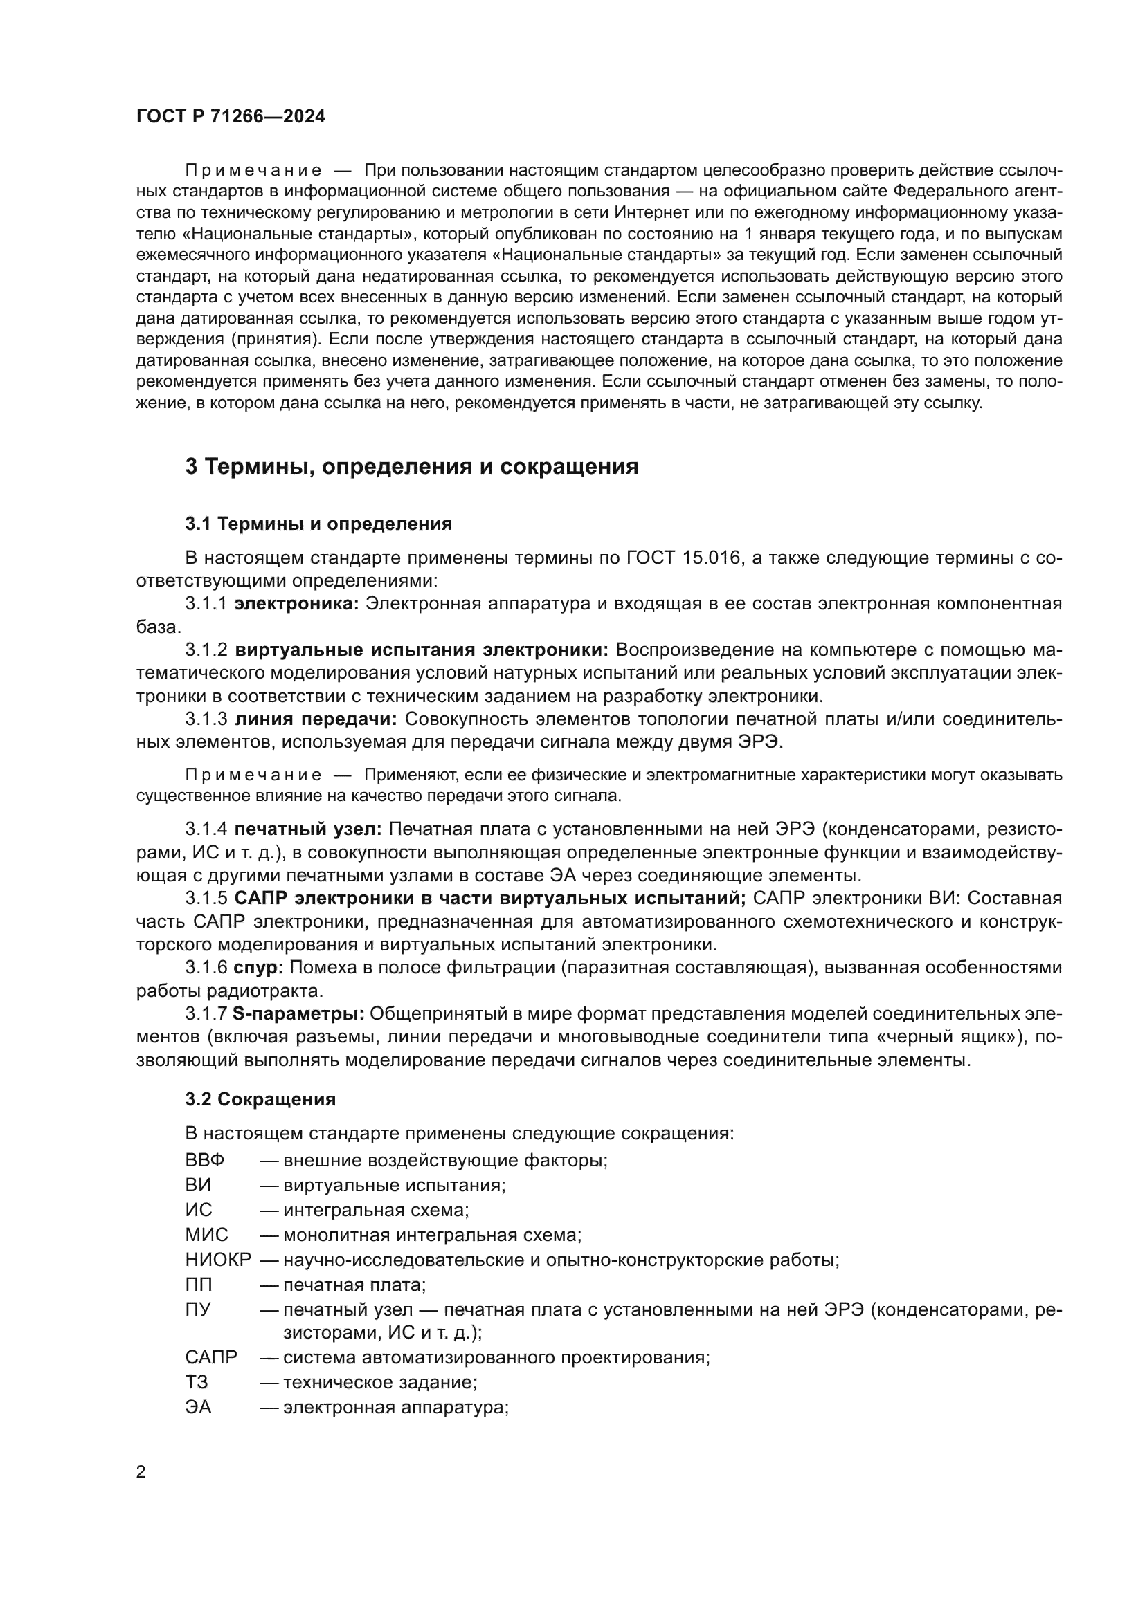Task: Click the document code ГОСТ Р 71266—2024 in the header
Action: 231,117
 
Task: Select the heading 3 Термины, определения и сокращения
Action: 412,466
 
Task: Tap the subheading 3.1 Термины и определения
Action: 318,524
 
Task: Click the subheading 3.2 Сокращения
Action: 260,1099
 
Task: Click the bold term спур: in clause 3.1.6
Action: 258,968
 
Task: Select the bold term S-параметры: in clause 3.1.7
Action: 298,1014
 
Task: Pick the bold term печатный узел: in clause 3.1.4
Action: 308,829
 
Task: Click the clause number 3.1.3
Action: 206,719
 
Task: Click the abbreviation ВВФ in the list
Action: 204,1160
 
